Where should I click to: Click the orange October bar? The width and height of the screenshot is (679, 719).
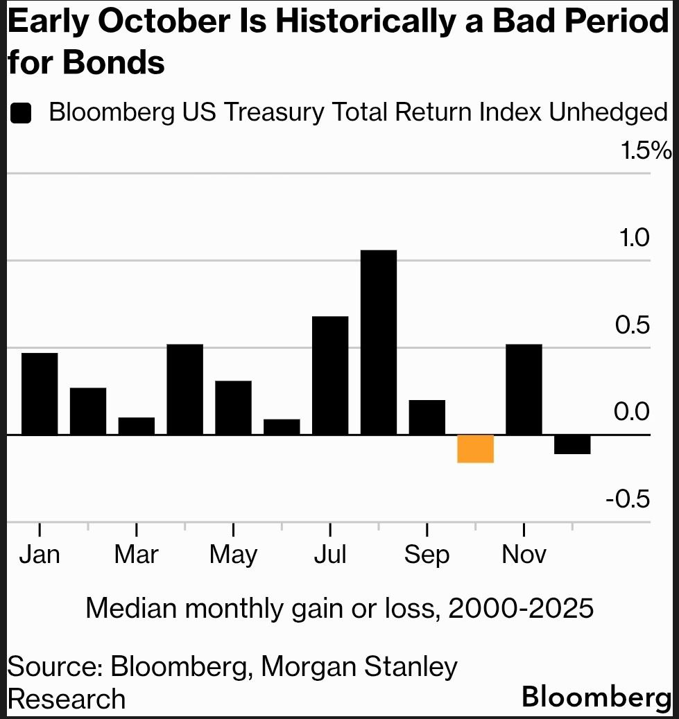coord(475,449)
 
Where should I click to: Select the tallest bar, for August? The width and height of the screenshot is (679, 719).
coord(379,342)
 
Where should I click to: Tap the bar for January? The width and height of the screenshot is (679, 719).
coord(40,393)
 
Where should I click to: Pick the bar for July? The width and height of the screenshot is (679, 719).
coord(330,375)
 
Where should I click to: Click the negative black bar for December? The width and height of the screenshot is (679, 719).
coord(572,444)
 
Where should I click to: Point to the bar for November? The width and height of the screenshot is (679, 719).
coord(524,389)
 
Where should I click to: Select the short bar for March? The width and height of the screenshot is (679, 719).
coord(137,426)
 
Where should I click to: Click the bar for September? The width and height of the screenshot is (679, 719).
coord(427,417)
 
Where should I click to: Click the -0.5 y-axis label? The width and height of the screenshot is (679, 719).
coord(628,499)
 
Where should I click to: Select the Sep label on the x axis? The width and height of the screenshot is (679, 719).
coord(427,555)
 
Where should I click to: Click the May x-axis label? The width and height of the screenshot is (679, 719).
coord(233,555)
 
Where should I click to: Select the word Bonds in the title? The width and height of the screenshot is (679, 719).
coord(114,63)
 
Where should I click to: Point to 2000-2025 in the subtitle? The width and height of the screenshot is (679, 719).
coord(521,609)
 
